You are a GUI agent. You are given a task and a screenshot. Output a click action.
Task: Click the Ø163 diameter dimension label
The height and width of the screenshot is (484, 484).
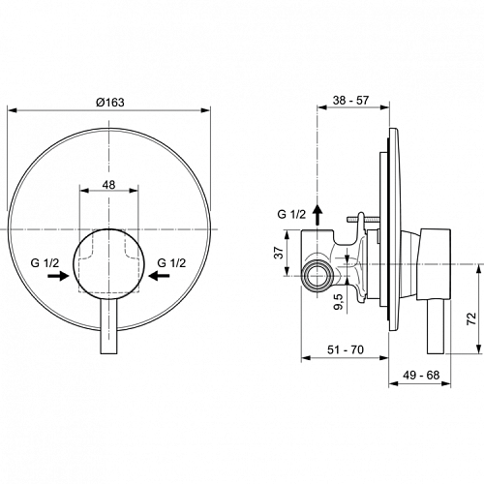(x=109, y=103)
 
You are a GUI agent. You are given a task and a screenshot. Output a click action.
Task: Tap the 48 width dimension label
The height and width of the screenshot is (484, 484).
(x=108, y=185)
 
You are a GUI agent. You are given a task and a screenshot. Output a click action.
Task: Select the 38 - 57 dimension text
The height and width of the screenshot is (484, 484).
(x=350, y=100)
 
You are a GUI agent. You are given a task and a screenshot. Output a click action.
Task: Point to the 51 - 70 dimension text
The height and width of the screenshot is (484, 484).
(x=346, y=349)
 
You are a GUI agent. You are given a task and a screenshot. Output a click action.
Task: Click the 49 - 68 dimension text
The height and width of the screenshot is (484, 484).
(x=421, y=375)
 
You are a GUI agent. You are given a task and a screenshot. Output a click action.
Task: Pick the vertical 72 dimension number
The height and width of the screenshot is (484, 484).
(x=471, y=318)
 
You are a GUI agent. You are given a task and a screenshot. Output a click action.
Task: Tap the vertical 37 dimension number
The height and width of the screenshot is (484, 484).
(x=280, y=252)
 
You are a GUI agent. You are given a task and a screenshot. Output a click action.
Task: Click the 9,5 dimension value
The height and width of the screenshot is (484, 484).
(x=339, y=302)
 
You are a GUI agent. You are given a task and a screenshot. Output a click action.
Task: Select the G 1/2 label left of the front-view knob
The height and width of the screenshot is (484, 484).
(x=45, y=263)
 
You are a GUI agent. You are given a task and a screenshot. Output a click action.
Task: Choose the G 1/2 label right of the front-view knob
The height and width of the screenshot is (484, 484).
(x=171, y=263)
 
